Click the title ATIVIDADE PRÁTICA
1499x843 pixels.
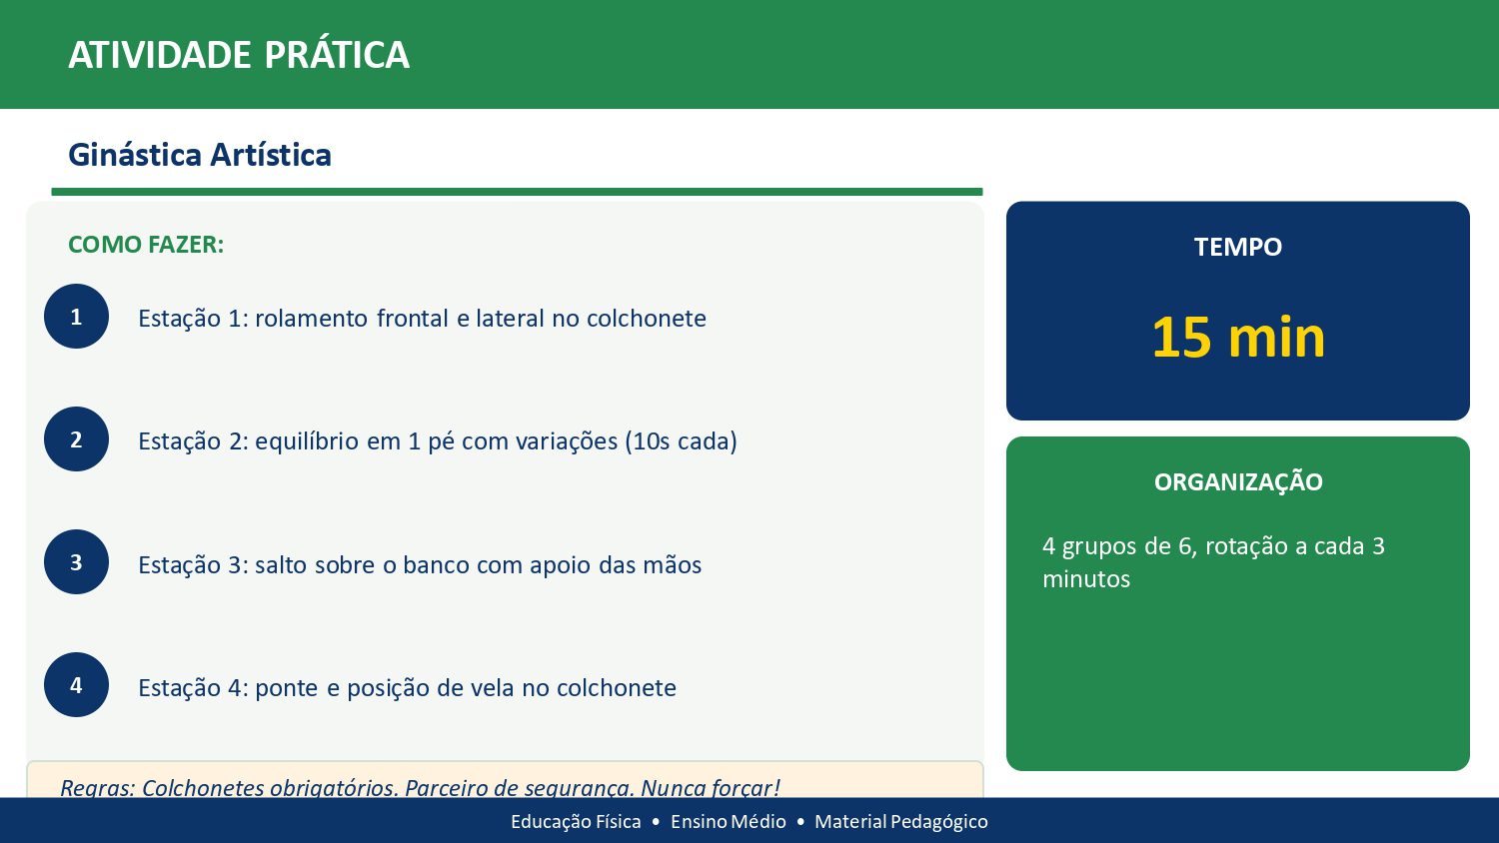(239, 55)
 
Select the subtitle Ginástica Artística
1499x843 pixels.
(200, 155)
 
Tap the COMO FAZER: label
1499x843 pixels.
(146, 245)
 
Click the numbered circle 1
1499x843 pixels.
(76, 317)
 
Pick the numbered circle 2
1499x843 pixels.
(76, 439)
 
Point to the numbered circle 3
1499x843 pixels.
(76, 562)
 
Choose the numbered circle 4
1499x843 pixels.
(76, 685)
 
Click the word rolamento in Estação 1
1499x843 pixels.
(312, 319)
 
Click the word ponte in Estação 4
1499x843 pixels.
(286, 688)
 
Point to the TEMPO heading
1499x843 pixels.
(1237, 247)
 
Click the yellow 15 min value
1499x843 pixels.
(1237, 338)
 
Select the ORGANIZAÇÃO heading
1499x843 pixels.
(1237, 482)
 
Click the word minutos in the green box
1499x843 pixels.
(1085, 579)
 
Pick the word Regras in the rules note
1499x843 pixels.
(96, 788)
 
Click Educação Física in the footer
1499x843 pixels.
(576, 821)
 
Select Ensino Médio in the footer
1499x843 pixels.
(728, 821)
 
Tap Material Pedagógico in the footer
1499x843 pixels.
(900, 821)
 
